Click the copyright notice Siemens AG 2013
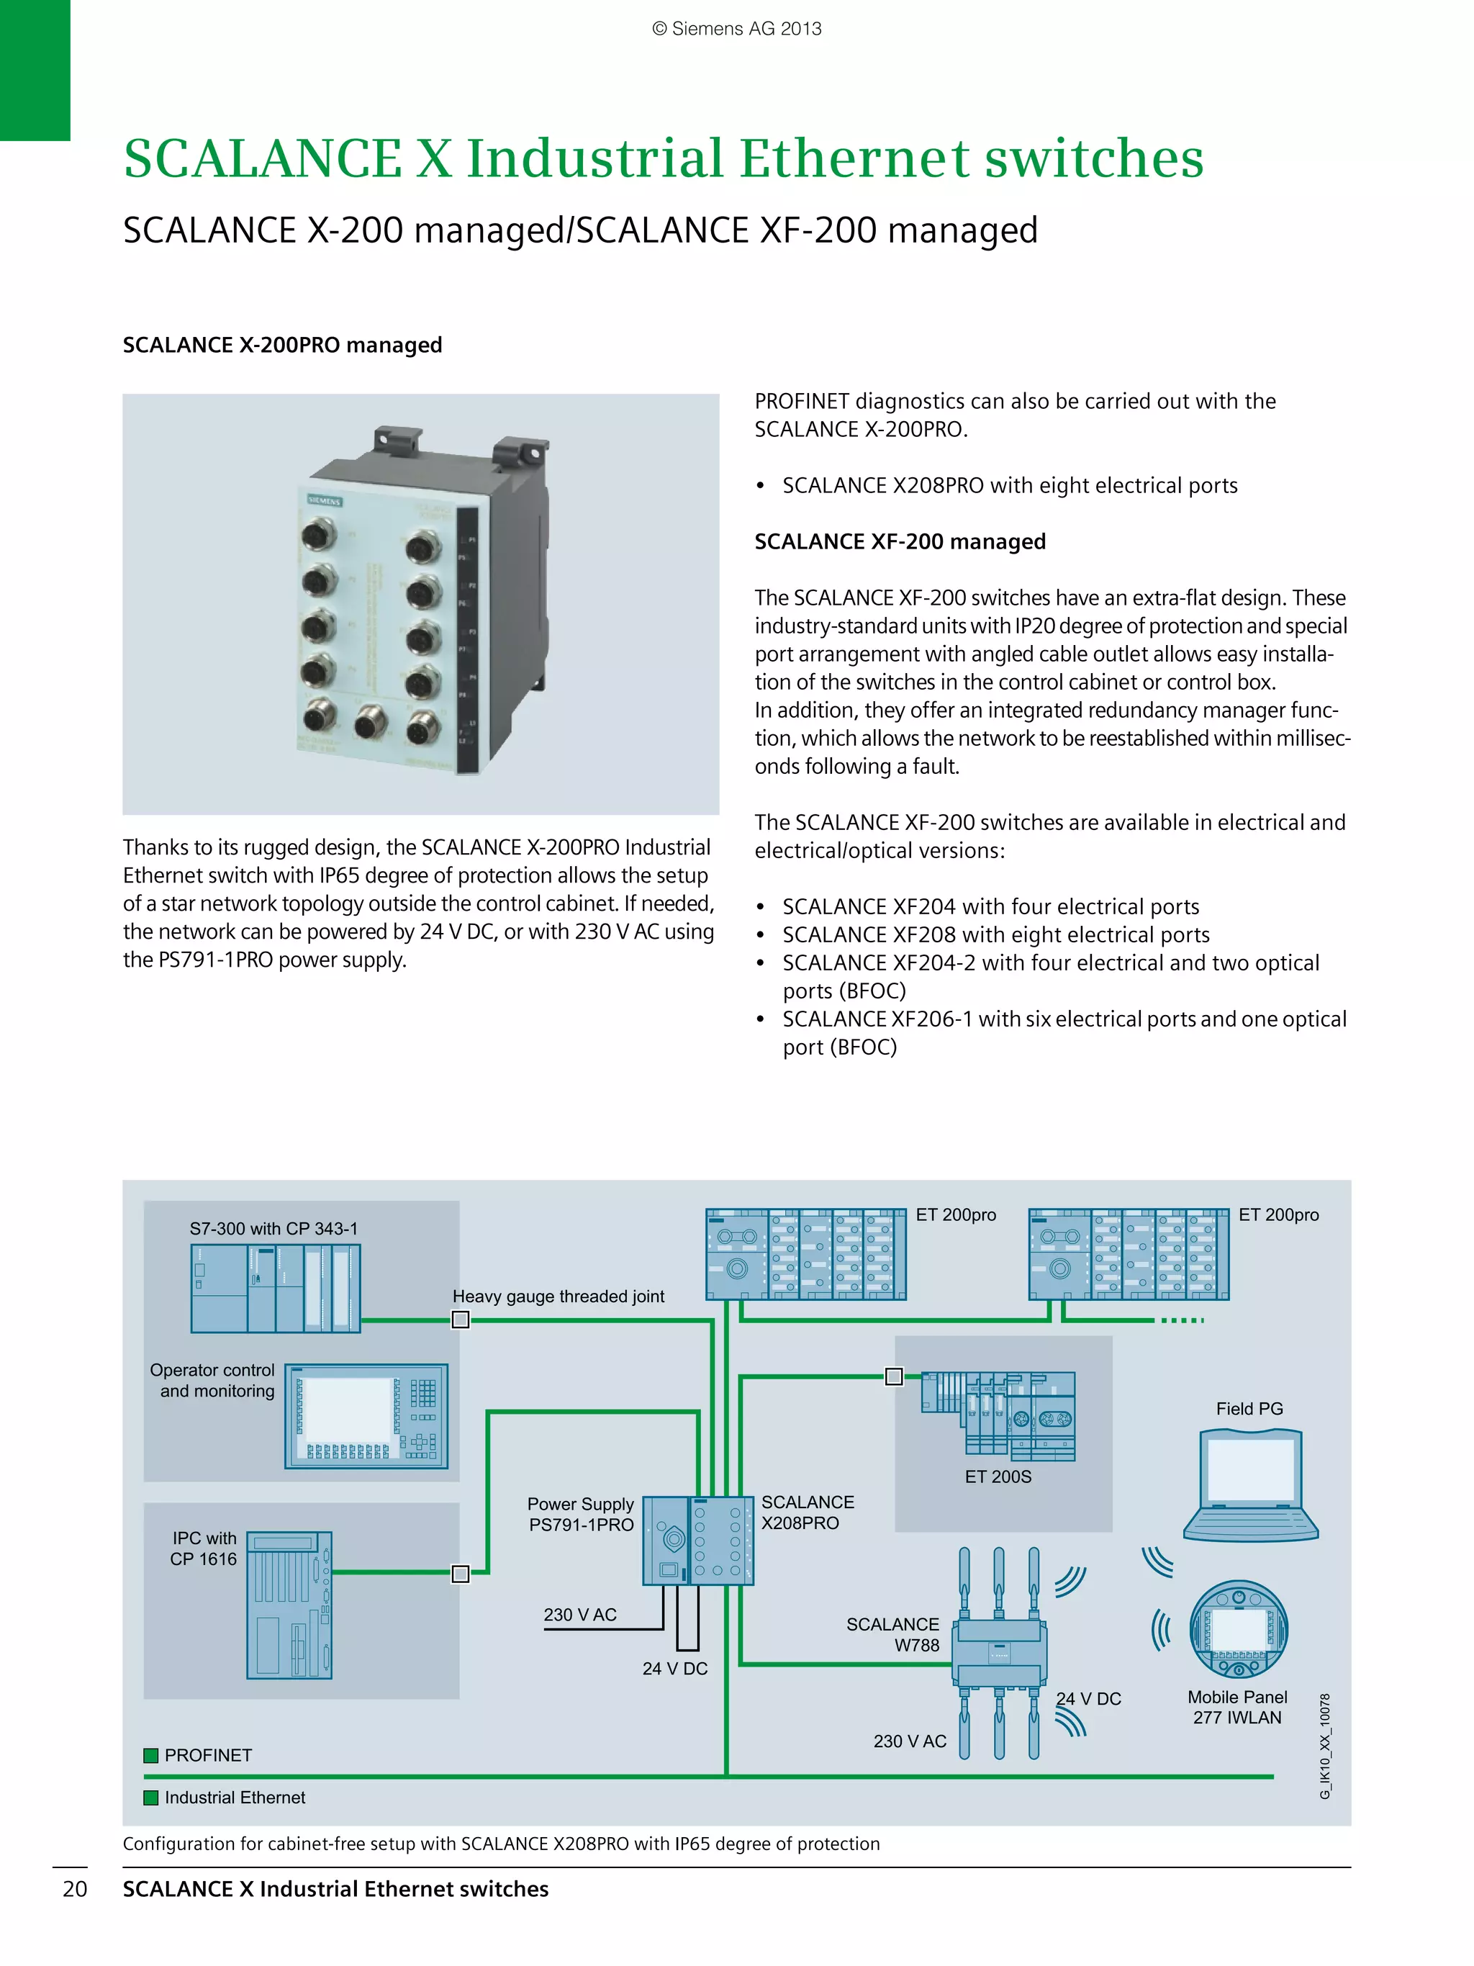[x=736, y=29]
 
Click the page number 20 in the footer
[x=75, y=1889]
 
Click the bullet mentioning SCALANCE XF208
[x=995, y=934]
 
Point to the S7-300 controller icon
[x=276, y=1288]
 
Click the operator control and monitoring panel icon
[x=366, y=1416]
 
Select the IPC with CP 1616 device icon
[x=289, y=1605]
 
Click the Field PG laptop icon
[x=1250, y=1484]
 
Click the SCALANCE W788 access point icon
[x=999, y=1653]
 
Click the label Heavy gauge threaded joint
[x=558, y=1296]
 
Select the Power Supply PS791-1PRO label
[x=580, y=1515]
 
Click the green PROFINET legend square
[x=151, y=1755]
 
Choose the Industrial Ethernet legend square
[x=151, y=1797]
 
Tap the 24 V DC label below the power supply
[x=674, y=1669]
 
